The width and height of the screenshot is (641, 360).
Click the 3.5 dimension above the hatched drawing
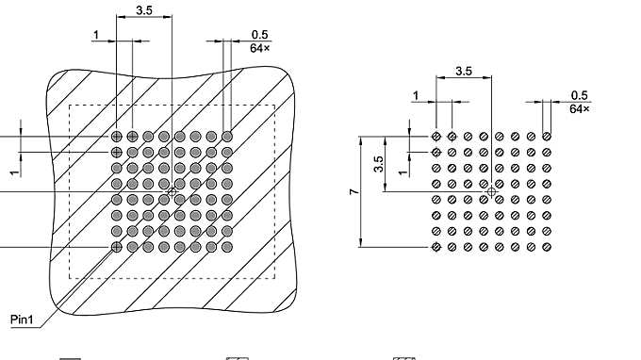pyautogui.click(x=144, y=10)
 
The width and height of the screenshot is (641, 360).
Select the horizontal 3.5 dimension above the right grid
pyautogui.click(x=464, y=71)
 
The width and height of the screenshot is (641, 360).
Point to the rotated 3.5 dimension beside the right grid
pyautogui.click(x=378, y=164)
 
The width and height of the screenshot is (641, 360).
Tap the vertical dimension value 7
pyautogui.click(x=353, y=191)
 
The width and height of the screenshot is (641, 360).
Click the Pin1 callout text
pyautogui.click(x=23, y=319)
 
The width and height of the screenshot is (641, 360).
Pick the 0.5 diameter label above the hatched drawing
pyautogui.click(x=260, y=35)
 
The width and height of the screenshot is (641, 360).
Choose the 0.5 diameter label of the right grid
pyautogui.click(x=580, y=95)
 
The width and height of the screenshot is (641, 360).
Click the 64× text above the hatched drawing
pyautogui.click(x=260, y=47)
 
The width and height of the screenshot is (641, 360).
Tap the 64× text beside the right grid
pyautogui.click(x=580, y=108)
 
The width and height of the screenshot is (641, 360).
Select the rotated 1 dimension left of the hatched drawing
pyautogui.click(x=13, y=172)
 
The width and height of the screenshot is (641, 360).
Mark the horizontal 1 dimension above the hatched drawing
pyautogui.click(x=96, y=35)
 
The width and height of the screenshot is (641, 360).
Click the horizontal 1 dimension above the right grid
pyautogui.click(x=416, y=95)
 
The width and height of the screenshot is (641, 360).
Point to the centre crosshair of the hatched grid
pyautogui.click(x=172, y=191)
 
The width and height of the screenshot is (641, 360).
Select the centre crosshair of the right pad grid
pyautogui.click(x=491, y=191)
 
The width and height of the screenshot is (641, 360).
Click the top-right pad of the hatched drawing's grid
pyautogui.click(x=227, y=137)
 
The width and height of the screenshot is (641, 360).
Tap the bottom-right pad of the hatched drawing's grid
pyautogui.click(x=227, y=247)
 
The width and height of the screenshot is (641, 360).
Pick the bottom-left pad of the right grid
pyautogui.click(x=436, y=247)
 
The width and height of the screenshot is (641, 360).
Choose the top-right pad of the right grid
pyautogui.click(x=547, y=137)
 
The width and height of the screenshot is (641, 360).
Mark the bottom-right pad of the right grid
pyautogui.click(x=547, y=247)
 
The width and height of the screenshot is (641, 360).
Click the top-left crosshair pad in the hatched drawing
pyautogui.click(x=117, y=137)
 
